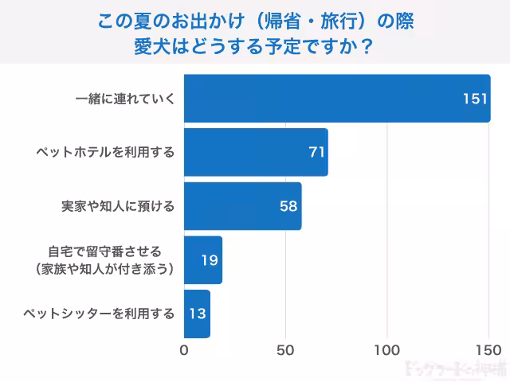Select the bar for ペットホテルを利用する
[256, 152]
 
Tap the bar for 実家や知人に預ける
[243, 206]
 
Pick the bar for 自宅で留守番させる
[203, 260]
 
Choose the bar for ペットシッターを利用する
[197, 314]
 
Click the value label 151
[475, 98]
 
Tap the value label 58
[288, 206]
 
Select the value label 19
[210, 260]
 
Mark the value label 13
[197, 314]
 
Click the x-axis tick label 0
[185, 350]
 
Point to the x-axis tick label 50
[286, 350]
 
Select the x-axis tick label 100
[387, 350]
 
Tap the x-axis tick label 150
[488, 350]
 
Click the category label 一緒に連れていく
[124, 98]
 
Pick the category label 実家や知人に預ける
[117, 206]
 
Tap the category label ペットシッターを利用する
[100, 314]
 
